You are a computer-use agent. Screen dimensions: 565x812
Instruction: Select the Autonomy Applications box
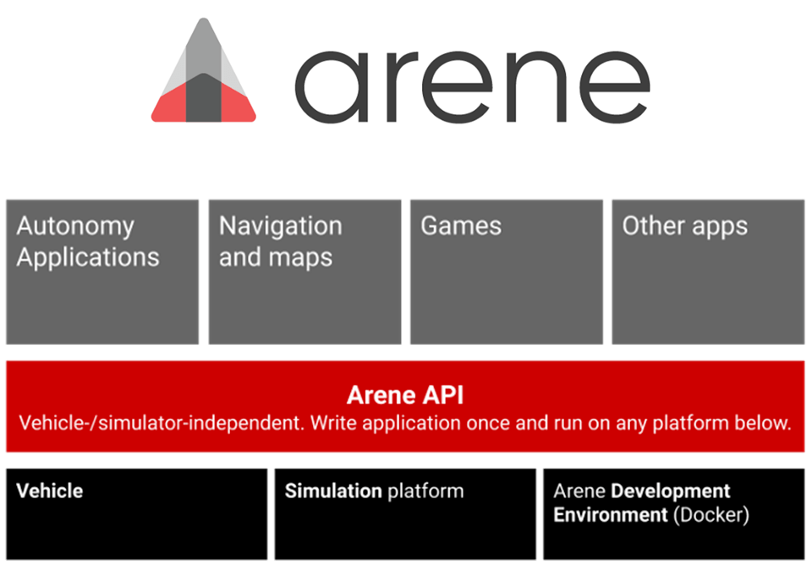pyautogui.click(x=102, y=271)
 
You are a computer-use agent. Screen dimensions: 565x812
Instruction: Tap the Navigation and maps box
pyautogui.click(x=304, y=271)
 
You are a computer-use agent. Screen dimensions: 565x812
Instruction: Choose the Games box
pyautogui.click(x=507, y=271)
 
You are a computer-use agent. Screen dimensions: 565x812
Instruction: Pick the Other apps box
pyautogui.click(x=708, y=271)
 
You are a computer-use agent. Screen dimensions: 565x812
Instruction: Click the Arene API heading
pyautogui.click(x=405, y=395)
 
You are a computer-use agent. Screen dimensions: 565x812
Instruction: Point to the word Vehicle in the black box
pyautogui.click(x=50, y=491)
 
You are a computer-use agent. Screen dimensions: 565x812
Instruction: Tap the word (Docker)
pyautogui.click(x=711, y=514)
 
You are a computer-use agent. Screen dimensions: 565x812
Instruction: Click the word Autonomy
pyautogui.click(x=75, y=227)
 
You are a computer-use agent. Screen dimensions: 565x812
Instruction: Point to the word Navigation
pyautogui.click(x=281, y=227)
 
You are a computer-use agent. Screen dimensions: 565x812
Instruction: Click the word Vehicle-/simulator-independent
pyautogui.click(x=162, y=423)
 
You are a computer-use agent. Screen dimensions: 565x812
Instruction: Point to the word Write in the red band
pyautogui.click(x=333, y=423)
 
